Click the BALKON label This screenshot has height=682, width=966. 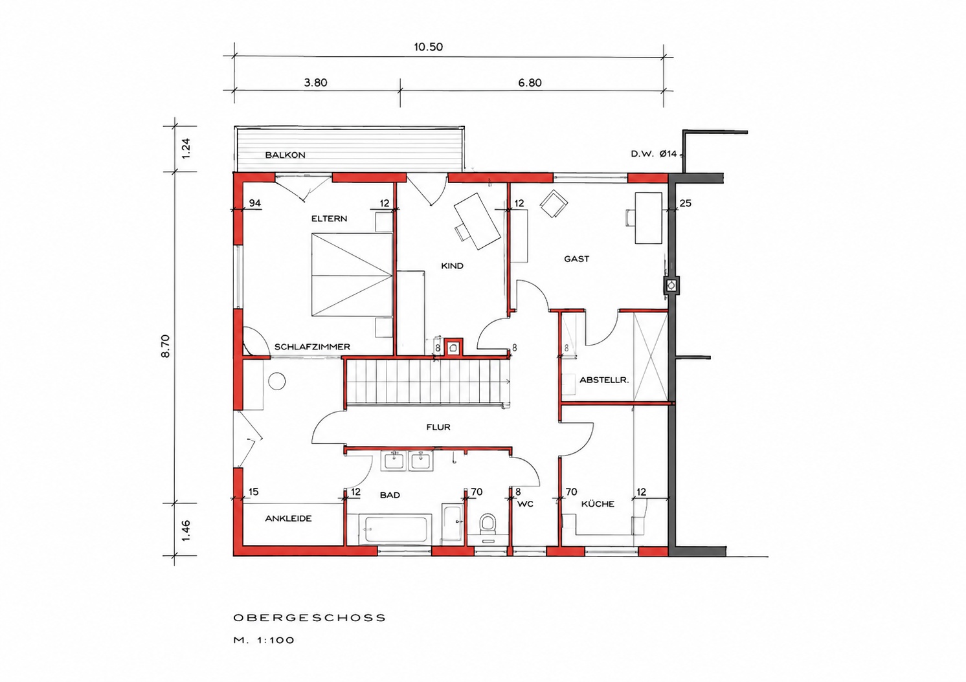coord(285,155)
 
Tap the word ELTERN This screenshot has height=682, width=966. coord(329,219)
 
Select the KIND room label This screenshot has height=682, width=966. coord(452,266)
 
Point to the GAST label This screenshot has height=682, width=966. coord(577,259)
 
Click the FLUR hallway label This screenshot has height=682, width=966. coord(438,427)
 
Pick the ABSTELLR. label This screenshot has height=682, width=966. coord(604,380)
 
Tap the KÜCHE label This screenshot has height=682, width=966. coord(598,504)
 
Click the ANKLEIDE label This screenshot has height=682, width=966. coord(288,518)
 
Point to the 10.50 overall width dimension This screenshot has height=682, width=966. coord(428,47)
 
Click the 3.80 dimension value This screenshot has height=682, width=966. coord(316,83)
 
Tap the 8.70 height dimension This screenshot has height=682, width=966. coord(166,346)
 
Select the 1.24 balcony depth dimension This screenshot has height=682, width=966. coord(186,148)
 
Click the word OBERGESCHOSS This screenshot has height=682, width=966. coord(309,618)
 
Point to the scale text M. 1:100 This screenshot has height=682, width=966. coord(264,641)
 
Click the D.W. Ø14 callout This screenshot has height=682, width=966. coord(654,154)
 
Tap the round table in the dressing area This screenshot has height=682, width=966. coord(277,382)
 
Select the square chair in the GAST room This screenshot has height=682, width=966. coord(554,203)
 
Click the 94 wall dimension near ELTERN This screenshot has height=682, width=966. coord(255,203)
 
